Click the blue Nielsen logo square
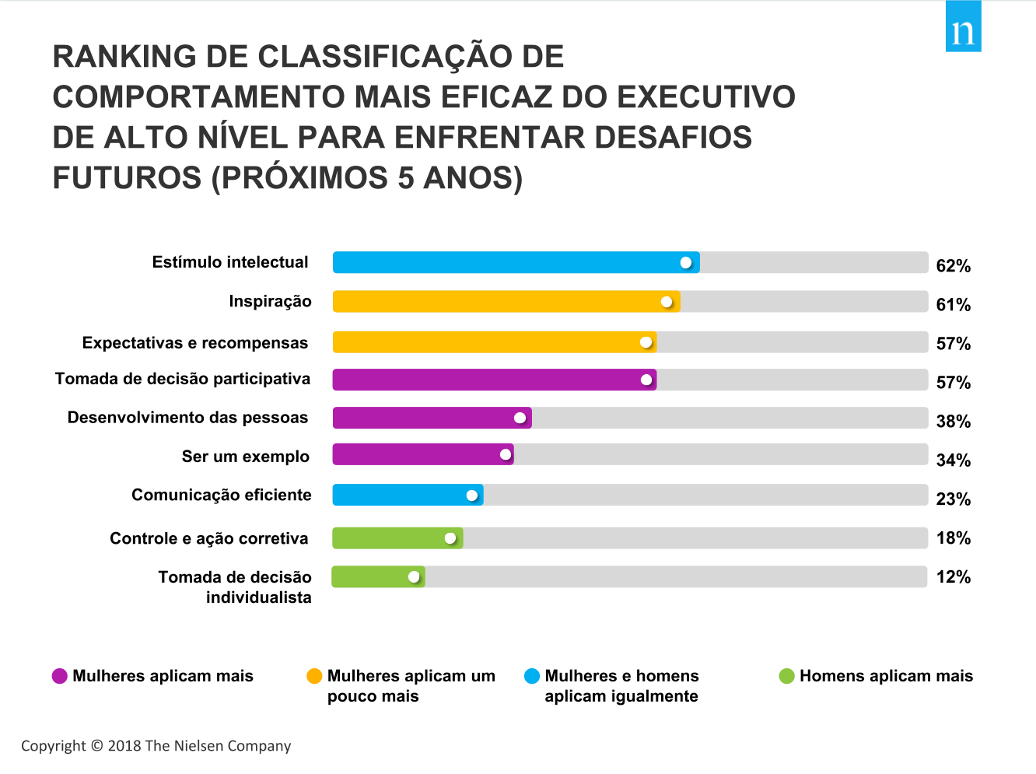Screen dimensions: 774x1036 pos(963,27)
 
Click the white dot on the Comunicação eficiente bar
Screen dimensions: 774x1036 pos(472,496)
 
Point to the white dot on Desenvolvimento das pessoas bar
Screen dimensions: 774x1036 pos(520,418)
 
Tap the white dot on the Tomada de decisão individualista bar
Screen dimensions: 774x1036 pos(414,576)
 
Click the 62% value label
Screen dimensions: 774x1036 pos(953,266)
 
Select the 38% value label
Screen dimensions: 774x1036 pos(953,422)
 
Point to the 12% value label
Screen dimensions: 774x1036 pos(953,577)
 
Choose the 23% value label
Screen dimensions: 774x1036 pos(953,499)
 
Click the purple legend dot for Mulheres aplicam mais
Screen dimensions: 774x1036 pos(60,676)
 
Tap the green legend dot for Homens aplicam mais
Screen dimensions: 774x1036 pos(786,676)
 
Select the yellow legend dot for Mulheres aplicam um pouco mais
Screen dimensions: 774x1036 pos(314,676)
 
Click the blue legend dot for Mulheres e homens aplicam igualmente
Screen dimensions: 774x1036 pos(532,676)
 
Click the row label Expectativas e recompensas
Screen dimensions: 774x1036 pos(195,343)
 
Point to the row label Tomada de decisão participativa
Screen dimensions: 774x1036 pos(183,379)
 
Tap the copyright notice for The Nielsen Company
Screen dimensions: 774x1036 pos(156,746)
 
